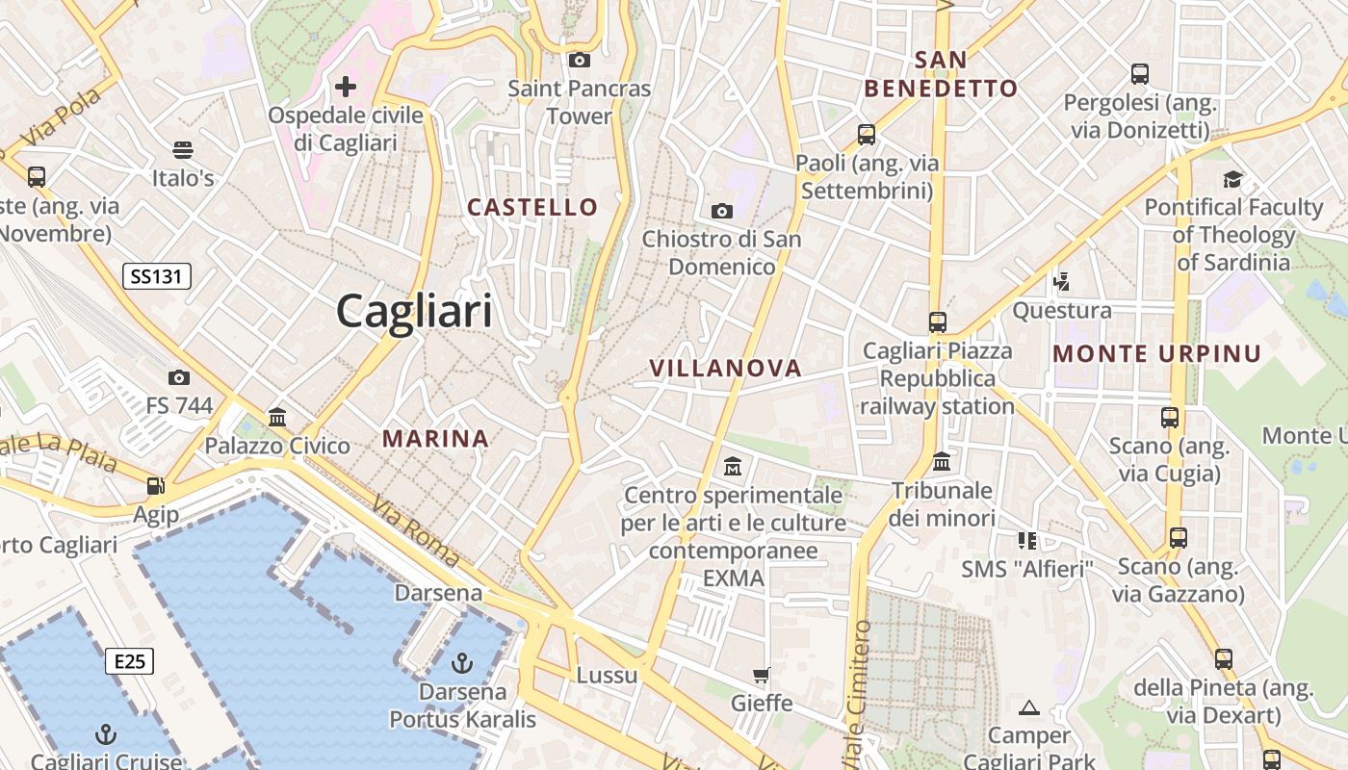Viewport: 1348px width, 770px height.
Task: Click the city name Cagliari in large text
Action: pos(414,312)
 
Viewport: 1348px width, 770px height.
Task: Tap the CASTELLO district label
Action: pos(532,207)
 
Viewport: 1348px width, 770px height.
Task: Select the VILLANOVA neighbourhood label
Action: pos(725,368)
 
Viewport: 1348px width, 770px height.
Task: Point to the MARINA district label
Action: pos(436,439)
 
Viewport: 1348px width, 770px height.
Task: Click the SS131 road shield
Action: pos(157,277)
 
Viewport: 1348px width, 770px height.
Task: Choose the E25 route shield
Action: pos(129,661)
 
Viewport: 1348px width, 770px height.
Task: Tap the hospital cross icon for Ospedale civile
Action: pos(345,87)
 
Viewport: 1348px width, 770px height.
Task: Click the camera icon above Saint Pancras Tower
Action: pos(580,60)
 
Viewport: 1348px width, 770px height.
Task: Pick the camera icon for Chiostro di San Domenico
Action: pos(721,211)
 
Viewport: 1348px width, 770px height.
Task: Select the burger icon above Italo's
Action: pos(183,149)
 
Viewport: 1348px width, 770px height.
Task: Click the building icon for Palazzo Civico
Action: pos(277,417)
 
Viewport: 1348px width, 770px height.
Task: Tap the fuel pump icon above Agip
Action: pos(155,486)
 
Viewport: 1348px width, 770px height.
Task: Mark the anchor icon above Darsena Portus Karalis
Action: pos(462,662)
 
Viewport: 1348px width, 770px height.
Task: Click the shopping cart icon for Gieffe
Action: pos(761,675)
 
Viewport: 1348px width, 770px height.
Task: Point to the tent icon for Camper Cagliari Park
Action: pos(1029,707)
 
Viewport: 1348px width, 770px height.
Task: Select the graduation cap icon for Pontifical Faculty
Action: pos(1232,179)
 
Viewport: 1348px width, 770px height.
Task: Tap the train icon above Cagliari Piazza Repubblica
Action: pos(937,321)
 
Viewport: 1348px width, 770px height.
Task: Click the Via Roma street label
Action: pos(417,530)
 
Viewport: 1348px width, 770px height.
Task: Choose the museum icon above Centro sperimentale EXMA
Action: pos(733,467)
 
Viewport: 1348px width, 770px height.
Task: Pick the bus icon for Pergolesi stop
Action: pos(1140,73)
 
